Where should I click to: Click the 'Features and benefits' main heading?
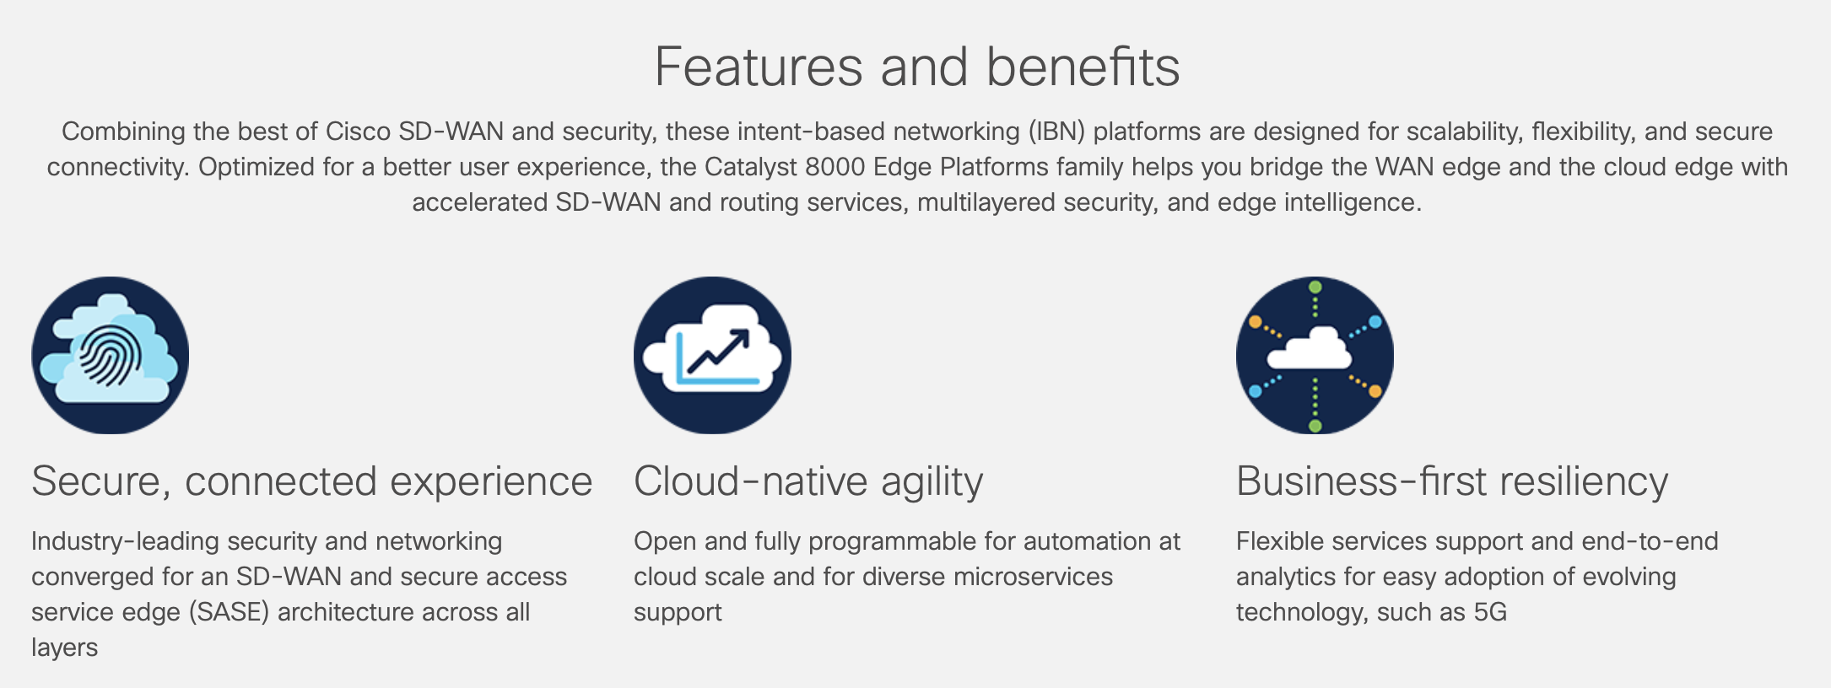pyautogui.click(x=916, y=67)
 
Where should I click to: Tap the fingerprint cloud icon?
pyautogui.click(x=111, y=355)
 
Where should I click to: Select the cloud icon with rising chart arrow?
pyautogui.click(x=712, y=355)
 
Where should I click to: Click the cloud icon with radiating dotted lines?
pyautogui.click(x=1315, y=355)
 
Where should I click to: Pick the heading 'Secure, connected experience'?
pyautogui.click(x=311, y=481)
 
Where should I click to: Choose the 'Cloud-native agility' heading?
pyautogui.click(x=807, y=481)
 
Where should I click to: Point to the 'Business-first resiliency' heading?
pyautogui.click(x=1451, y=481)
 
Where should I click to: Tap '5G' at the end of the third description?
pyautogui.click(x=1489, y=612)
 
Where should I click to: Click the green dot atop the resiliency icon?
pyautogui.click(x=1315, y=288)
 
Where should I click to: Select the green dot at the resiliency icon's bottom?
pyautogui.click(x=1315, y=426)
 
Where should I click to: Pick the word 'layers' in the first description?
pyautogui.click(x=64, y=648)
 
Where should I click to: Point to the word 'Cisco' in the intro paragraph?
pyautogui.click(x=358, y=132)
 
